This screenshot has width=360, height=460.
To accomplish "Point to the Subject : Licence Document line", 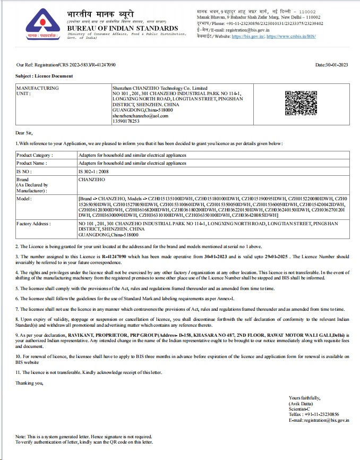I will (44, 76).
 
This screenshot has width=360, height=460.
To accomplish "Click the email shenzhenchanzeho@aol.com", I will (140, 115).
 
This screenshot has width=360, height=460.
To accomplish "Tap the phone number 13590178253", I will (126, 121).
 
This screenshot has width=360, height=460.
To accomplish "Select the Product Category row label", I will (35, 155).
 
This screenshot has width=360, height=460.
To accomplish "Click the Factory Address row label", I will (35, 224).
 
